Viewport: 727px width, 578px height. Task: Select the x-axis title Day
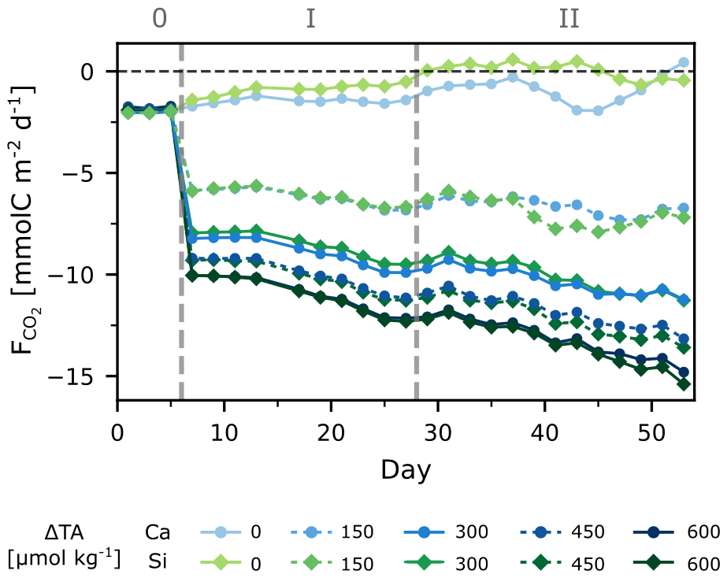pos(406,470)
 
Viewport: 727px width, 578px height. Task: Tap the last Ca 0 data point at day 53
pos(683,62)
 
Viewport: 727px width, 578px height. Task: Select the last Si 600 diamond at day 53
pos(683,383)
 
